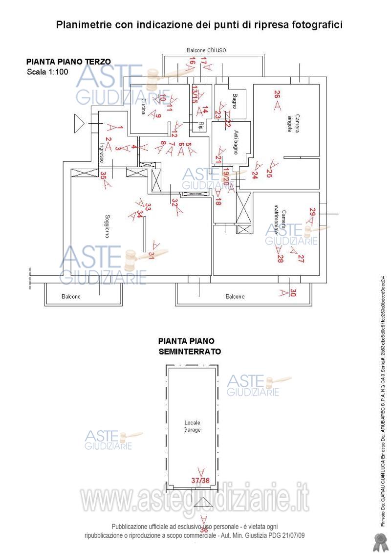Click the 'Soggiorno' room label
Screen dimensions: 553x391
107,226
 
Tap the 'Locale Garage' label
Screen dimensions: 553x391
192,426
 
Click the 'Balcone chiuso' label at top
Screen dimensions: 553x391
206,50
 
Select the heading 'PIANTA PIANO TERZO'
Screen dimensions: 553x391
68,62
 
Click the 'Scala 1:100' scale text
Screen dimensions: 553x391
47,72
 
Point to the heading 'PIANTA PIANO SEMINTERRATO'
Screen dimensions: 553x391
189,346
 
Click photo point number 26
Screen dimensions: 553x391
277,95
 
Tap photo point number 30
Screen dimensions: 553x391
293,292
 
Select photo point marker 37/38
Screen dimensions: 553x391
200,480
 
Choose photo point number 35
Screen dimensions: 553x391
103,174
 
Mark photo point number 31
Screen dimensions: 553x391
152,255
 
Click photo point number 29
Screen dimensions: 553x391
312,212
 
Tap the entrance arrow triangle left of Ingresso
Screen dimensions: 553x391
79,123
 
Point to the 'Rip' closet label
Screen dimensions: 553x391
200,123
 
